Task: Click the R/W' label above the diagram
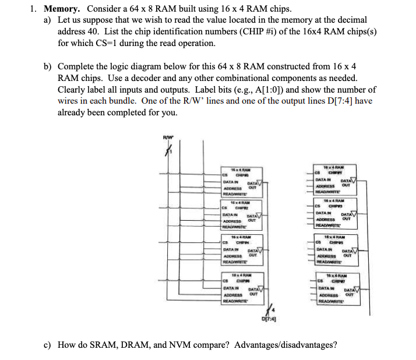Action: point(168,137)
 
